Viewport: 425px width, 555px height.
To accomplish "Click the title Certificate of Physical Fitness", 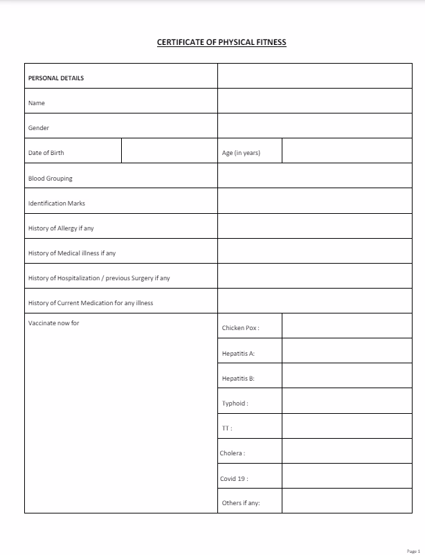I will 221,42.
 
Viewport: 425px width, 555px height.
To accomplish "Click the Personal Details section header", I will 56,78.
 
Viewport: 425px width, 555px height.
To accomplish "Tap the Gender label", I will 39,128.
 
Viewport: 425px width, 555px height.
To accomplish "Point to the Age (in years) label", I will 241,153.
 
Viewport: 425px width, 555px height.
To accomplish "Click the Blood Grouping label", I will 50,179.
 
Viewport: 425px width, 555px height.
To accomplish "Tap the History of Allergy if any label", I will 61,228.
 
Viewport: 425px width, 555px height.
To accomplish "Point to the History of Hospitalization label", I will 99,278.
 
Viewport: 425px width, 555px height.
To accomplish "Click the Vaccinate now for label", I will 53,322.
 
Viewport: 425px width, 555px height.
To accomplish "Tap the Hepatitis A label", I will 238,354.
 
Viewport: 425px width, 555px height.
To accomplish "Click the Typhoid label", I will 235,403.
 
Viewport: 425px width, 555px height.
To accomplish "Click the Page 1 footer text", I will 414,551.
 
